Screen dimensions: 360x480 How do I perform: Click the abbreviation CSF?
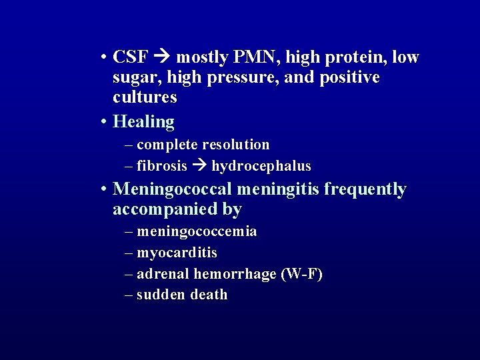tap(131, 57)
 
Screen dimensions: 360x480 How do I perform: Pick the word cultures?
tap(145, 97)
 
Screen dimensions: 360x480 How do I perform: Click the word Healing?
tap(144, 121)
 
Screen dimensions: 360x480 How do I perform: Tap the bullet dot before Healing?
tap(105, 122)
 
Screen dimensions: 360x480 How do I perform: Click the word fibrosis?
tap(162, 165)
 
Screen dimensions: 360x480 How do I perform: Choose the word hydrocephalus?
tap(261, 166)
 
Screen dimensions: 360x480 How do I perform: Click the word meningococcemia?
tap(197, 231)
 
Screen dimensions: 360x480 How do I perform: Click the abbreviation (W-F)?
tap(302, 274)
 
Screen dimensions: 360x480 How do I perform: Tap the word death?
tap(209, 295)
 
